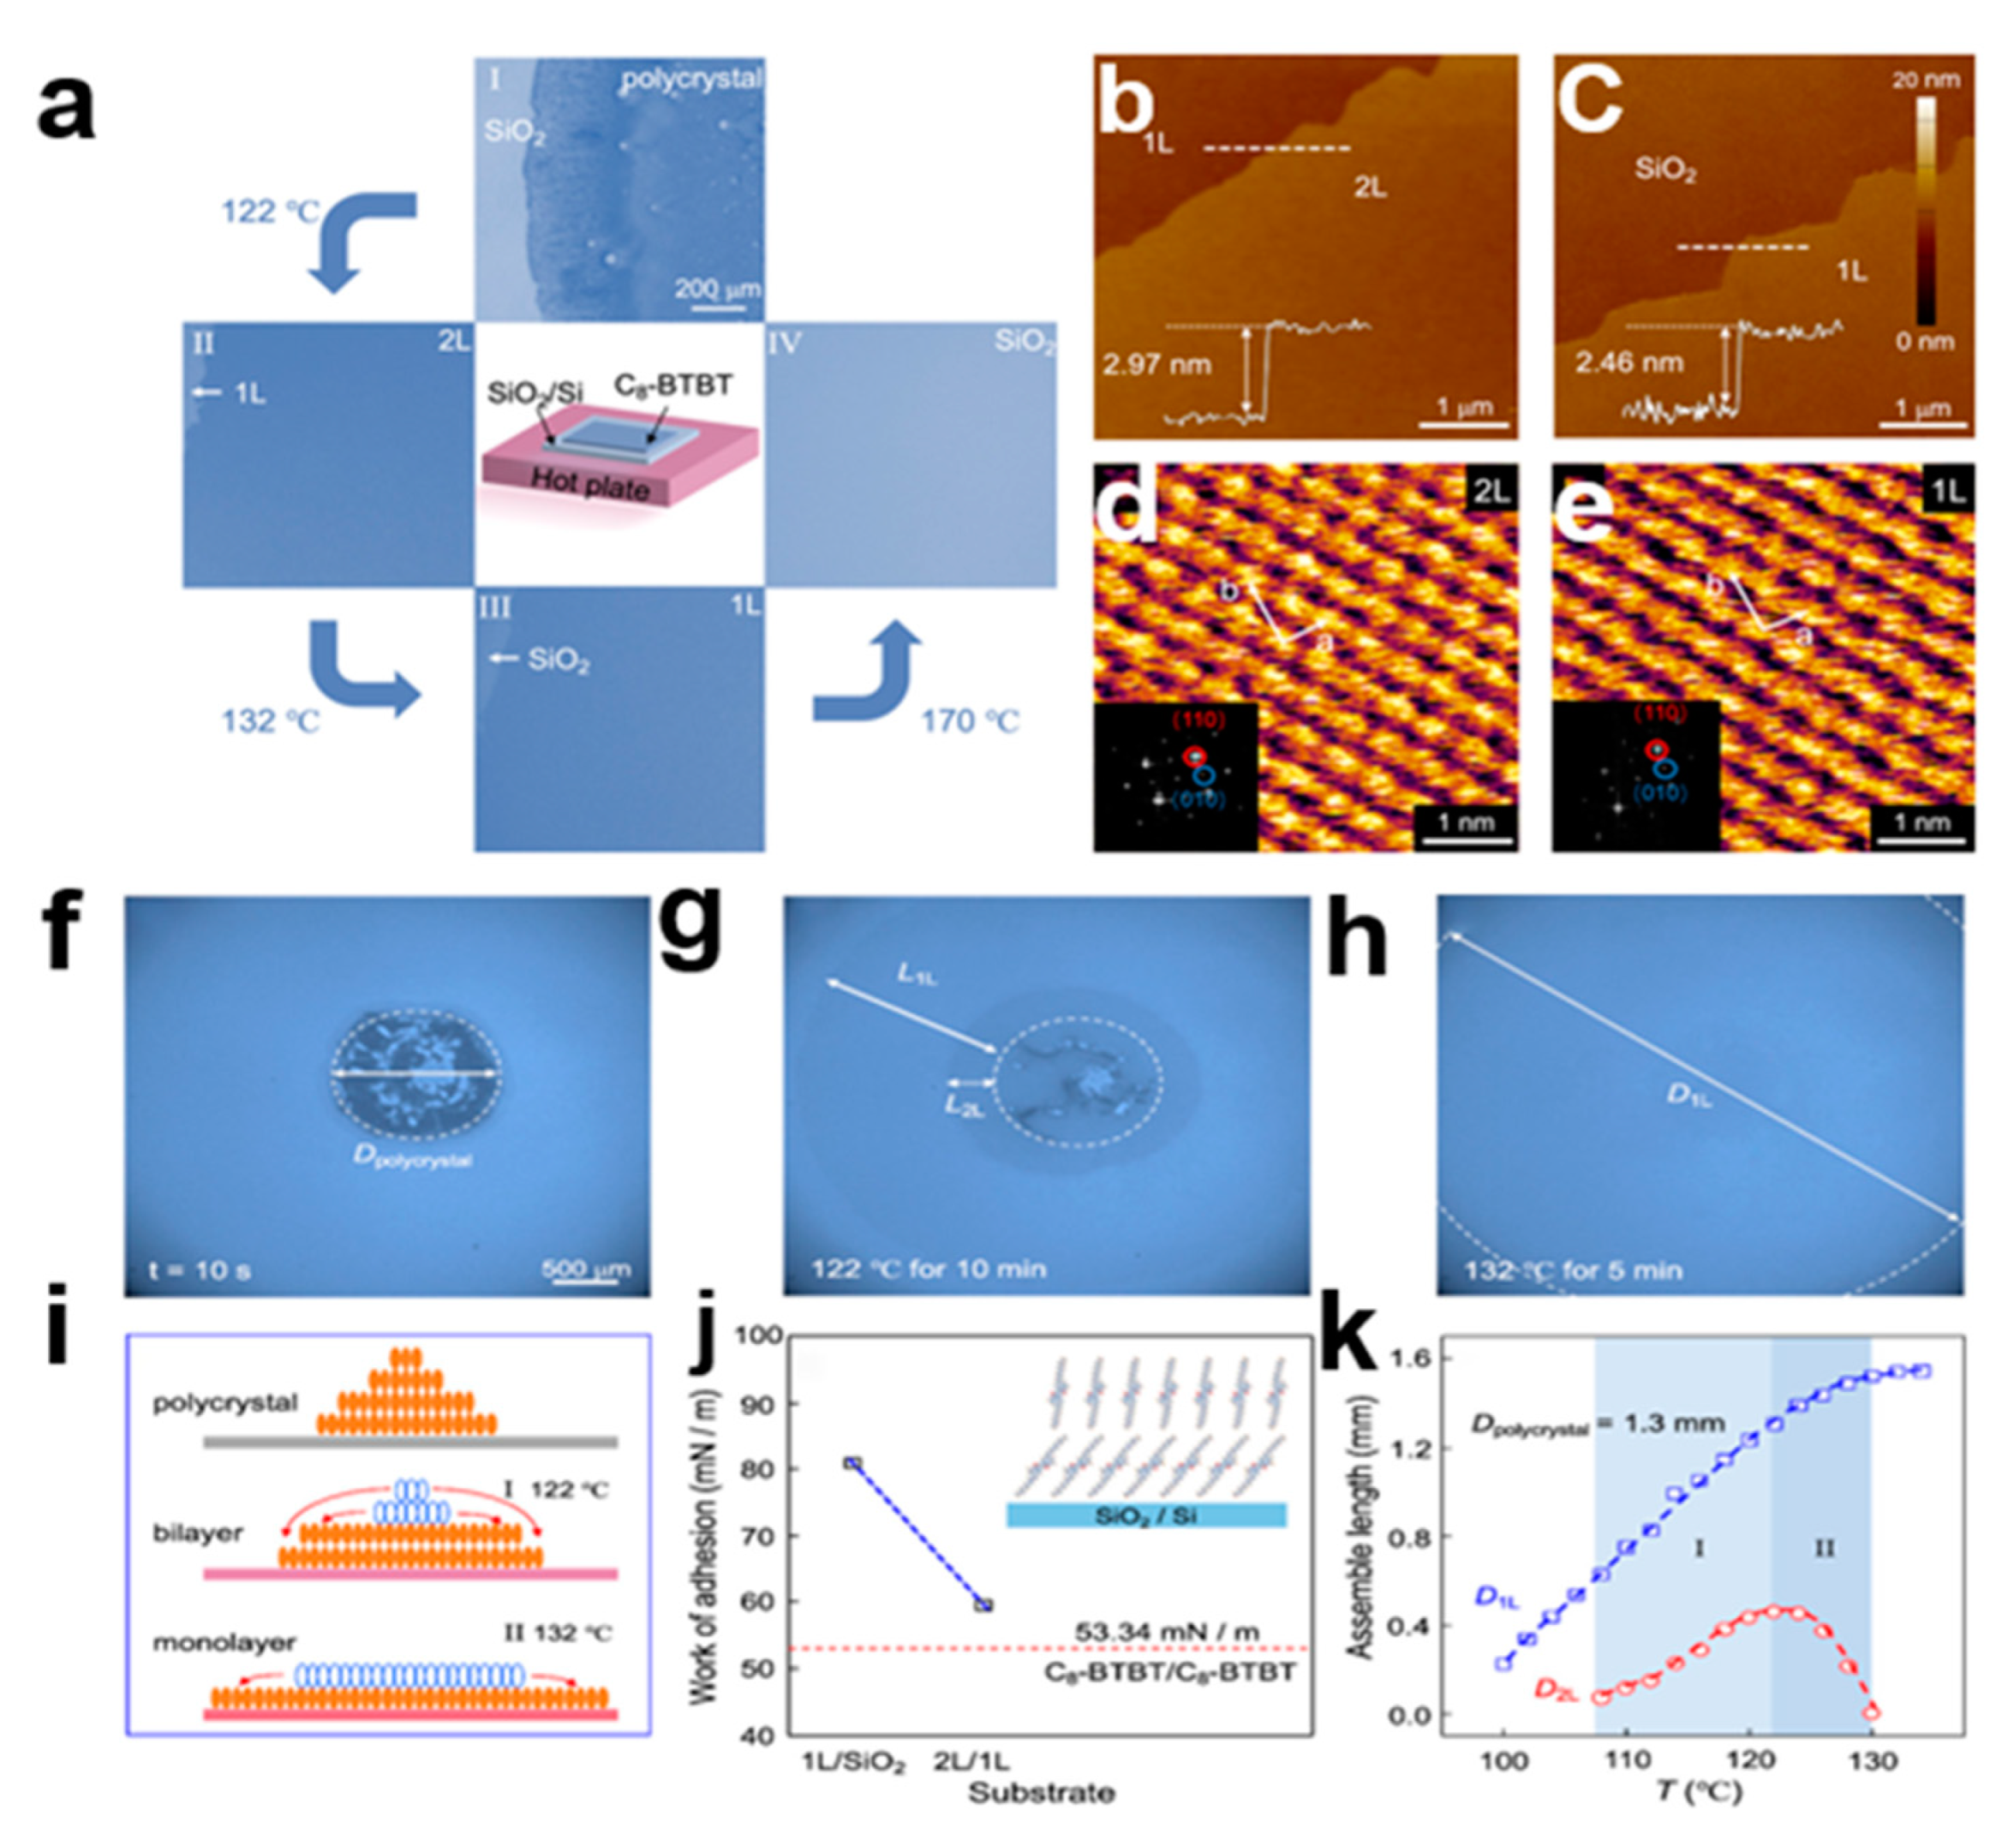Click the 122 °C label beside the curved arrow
click(270, 212)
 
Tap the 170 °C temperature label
click(970, 720)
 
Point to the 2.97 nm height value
click(1156, 364)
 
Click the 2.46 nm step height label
click(1628, 362)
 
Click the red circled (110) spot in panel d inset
click(1194, 756)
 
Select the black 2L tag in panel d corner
click(1490, 490)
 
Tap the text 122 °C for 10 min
click(928, 1269)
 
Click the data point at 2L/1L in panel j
click(983, 1604)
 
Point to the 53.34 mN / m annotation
click(1166, 1633)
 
